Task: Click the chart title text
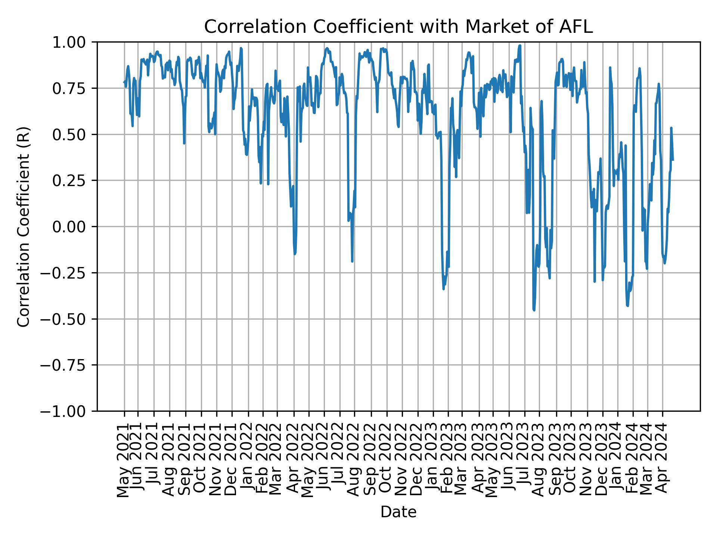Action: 398,27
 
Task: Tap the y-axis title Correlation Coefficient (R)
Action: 24,226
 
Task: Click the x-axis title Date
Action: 398,512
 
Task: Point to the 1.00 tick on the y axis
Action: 74,43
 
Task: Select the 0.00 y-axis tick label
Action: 74,227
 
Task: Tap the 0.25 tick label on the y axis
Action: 74,181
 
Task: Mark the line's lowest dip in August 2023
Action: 534,310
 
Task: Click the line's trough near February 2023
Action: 443,289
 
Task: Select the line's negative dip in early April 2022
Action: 295,254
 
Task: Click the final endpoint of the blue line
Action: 673,160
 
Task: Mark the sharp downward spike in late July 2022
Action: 352,261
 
